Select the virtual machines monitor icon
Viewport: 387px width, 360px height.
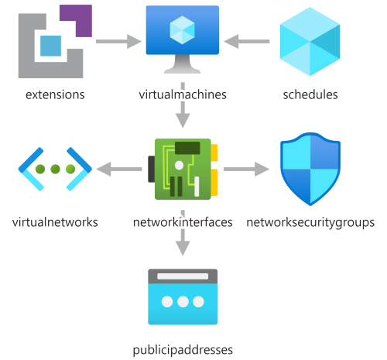[183, 39]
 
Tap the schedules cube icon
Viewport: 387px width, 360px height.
[310, 42]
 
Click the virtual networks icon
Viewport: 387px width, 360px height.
[55, 169]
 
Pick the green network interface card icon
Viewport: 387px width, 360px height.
[183, 169]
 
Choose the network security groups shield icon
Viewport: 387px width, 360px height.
[310, 169]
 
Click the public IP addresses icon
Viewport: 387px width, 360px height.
[183, 297]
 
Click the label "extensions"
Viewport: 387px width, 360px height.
[55, 94]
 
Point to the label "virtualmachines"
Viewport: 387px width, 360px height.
[183, 94]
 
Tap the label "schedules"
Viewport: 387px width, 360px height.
[310, 94]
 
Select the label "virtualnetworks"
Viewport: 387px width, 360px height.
[55, 222]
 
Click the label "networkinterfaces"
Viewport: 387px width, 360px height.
[183, 222]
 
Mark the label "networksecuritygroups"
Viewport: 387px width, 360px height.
[310, 223]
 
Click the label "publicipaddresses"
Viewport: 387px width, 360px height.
[183, 351]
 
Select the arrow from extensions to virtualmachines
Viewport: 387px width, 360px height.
[118, 41]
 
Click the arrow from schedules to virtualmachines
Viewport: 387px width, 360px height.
[247, 41]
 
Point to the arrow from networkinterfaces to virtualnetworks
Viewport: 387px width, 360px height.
[119, 169]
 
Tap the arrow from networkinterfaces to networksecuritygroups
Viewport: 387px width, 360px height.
[246, 169]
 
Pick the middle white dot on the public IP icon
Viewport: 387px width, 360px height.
[183, 301]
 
